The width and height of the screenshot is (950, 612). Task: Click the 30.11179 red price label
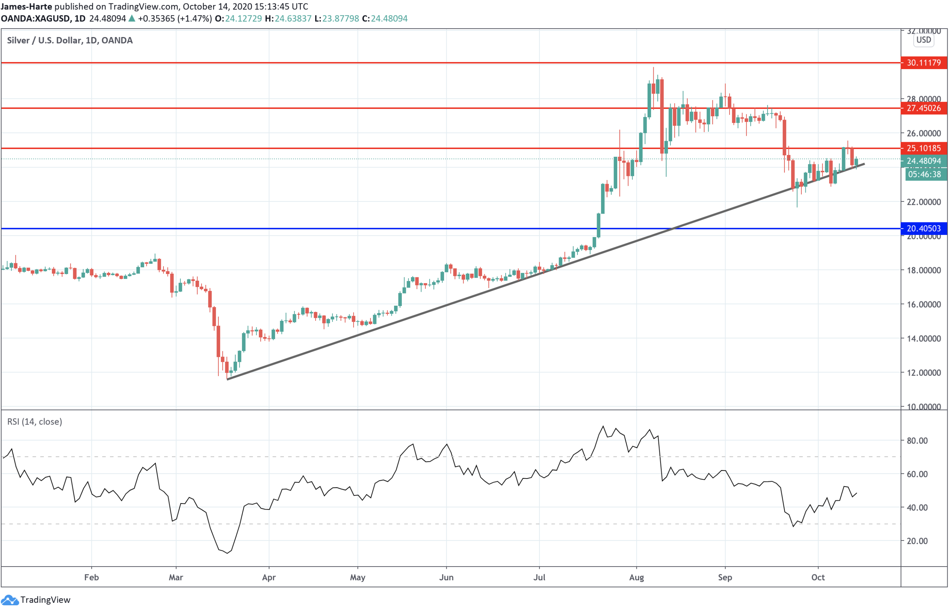(923, 63)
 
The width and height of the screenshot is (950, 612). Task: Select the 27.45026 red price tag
(923, 108)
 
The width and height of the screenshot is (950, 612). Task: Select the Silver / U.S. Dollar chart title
(69, 40)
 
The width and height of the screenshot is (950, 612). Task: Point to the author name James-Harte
(26, 6)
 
